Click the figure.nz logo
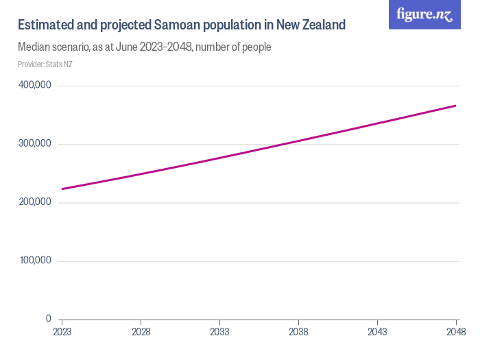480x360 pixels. (424, 14)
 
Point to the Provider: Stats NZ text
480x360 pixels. (45, 64)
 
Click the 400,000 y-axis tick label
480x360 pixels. (35, 85)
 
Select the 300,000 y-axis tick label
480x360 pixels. (35, 144)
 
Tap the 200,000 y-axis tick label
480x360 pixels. (35, 202)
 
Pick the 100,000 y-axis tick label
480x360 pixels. (35, 261)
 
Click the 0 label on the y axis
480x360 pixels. (49, 319)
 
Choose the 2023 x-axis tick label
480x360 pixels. (62, 332)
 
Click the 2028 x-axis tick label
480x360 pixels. (141, 332)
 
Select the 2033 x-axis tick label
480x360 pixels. (219, 332)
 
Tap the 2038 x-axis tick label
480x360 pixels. (298, 332)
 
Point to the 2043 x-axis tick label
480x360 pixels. (377, 332)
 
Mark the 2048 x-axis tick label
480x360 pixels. (455, 332)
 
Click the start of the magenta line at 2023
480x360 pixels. (62, 189)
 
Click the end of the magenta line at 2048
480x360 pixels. (455, 106)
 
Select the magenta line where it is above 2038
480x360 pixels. (298, 141)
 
